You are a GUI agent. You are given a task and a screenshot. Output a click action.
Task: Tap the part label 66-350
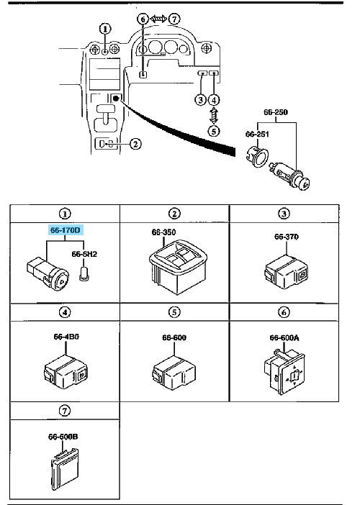163,232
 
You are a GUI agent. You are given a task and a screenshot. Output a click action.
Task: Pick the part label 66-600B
65,436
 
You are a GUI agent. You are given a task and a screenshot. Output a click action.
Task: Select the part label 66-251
253,133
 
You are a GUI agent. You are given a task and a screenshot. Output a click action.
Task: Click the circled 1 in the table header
65,213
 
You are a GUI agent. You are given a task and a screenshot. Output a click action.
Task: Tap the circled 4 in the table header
65,313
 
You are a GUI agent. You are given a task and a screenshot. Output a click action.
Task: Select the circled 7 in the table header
65,411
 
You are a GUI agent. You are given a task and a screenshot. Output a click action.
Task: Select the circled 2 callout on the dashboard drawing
135,143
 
